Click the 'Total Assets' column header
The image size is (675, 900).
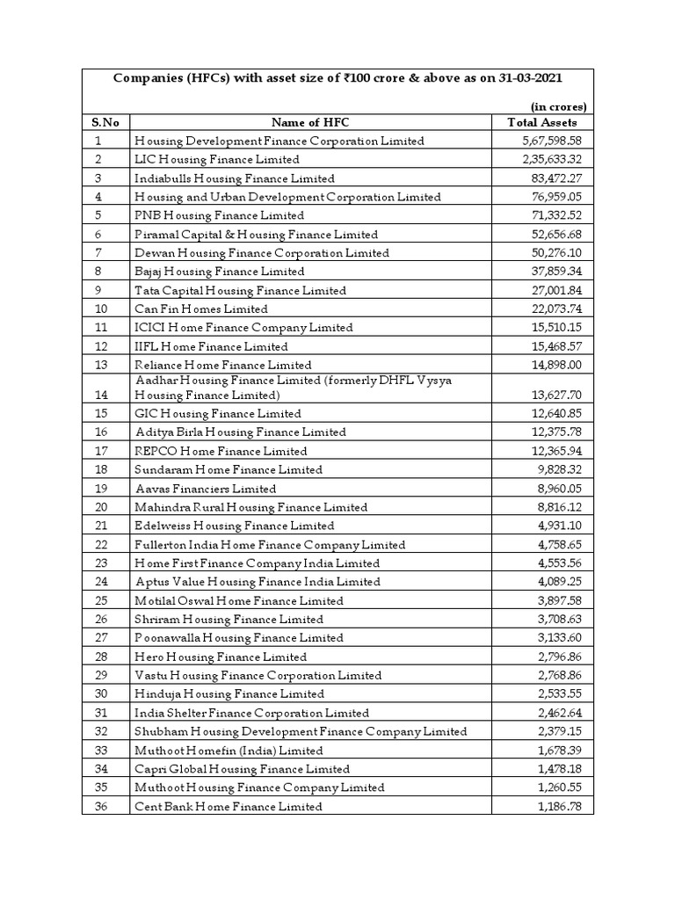click(x=542, y=122)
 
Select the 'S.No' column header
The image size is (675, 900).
click(x=105, y=122)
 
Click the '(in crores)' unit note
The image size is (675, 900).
click(x=559, y=106)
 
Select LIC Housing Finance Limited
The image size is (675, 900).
click(x=217, y=159)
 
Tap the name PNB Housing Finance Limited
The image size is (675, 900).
click(x=220, y=215)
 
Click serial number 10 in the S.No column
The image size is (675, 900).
click(x=99, y=309)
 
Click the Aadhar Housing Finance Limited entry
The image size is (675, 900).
click(x=294, y=387)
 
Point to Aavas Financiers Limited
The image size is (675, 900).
click(x=206, y=489)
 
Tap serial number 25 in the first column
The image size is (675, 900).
click(x=99, y=601)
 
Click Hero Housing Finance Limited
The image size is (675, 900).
click(x=221, y=657)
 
